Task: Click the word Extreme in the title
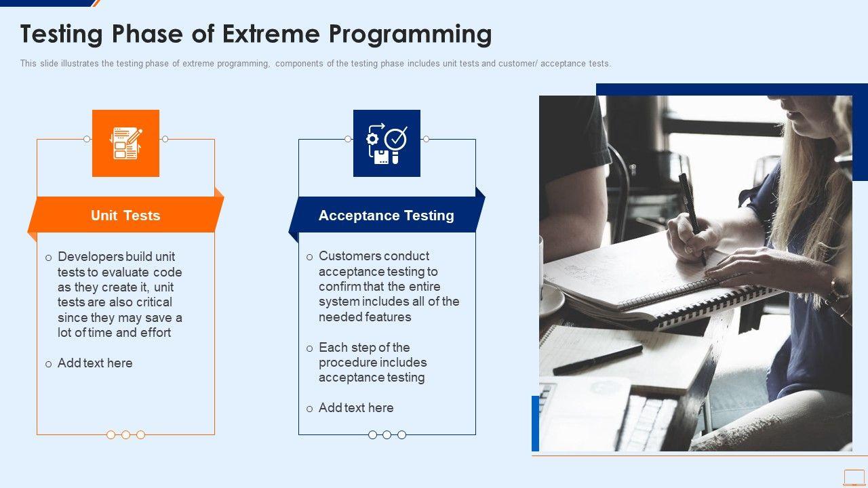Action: point(271,34)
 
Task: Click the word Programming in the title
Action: point(410,35)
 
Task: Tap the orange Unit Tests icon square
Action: point(125,143)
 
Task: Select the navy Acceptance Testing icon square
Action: point(387,143)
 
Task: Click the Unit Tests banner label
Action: point(125,216)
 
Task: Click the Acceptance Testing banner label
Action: point(387,216)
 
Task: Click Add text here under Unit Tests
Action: point(95,363)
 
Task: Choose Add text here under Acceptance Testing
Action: point(356,407)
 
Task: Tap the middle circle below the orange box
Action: point(125,435)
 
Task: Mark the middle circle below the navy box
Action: point(387,435)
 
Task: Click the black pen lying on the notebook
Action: point(597,360)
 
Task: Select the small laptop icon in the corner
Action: point(854,478)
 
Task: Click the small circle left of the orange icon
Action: point(87,139)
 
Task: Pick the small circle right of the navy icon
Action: point(426,139)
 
